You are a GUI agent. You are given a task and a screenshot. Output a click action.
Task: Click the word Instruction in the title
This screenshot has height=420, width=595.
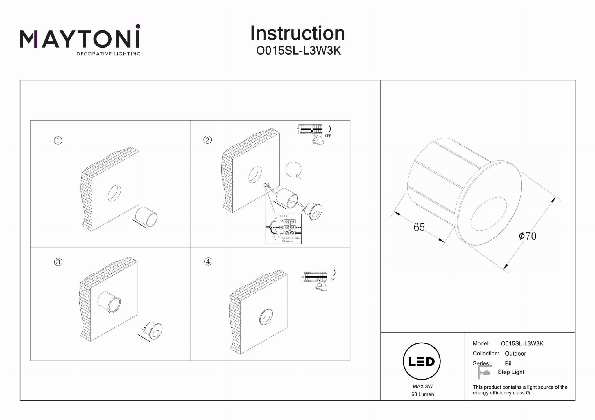(297, 33)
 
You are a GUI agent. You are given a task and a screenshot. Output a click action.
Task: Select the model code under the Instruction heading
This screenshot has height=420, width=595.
(298, 51)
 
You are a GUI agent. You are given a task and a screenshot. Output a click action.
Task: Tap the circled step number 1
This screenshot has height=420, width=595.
(58, 140)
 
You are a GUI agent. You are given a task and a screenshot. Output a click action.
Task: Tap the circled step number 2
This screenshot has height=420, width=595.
(207, 140)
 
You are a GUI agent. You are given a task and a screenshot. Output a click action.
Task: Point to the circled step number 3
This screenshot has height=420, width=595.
(58, 262)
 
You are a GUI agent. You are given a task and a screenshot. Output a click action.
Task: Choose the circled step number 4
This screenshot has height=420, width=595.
(208, 262)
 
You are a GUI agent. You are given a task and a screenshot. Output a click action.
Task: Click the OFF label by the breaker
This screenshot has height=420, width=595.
(328, 136)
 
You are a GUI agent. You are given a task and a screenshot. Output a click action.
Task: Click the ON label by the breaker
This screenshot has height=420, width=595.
(332, 280)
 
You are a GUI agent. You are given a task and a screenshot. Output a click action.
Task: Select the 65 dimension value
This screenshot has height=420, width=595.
(419, 227)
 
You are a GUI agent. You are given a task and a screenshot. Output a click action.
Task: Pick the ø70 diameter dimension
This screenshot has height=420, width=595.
(527, 236)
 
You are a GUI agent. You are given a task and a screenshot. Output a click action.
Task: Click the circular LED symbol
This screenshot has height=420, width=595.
(422, 361)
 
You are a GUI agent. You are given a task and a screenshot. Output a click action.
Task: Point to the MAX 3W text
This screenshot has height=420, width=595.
(422, 386)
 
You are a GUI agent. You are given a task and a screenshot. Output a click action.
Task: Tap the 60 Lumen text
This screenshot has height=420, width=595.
(422, 394)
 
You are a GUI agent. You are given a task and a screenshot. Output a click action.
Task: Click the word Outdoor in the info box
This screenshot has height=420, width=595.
(515, 354)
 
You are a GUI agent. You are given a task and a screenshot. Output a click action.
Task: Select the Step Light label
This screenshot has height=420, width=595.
(511, 372)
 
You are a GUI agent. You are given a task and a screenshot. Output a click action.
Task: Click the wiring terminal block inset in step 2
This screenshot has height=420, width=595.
(284, 229)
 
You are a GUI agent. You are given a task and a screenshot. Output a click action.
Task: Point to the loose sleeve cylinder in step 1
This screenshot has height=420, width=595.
(147, 217)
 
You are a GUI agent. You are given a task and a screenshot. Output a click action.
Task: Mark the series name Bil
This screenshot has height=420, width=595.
(508, 363)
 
